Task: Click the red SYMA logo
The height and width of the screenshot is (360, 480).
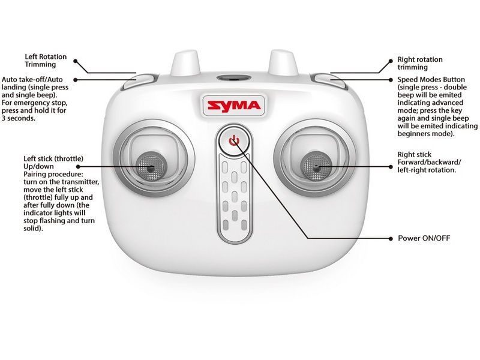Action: coord(234,106)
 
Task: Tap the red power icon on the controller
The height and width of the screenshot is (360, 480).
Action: coord(234,140)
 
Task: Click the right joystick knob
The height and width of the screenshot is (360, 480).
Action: coord(316,166)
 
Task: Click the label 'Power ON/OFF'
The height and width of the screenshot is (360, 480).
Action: coord(424,238)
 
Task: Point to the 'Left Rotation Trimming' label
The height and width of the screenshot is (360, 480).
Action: coord(46,61)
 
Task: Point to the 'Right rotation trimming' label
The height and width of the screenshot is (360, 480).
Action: coord(420,64)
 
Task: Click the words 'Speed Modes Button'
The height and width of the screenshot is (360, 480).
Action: coord(431,80)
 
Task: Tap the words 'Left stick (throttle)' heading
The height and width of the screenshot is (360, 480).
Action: coord(53,159)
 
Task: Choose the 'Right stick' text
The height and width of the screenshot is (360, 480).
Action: coord(414,155)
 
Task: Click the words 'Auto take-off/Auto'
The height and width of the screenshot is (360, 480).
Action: coord(32,80)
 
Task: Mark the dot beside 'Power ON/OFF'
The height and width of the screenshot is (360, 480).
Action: coord(391,238)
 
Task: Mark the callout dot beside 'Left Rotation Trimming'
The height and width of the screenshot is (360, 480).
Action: coord(76,61)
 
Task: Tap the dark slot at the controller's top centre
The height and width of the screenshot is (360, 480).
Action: coord(234,78)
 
